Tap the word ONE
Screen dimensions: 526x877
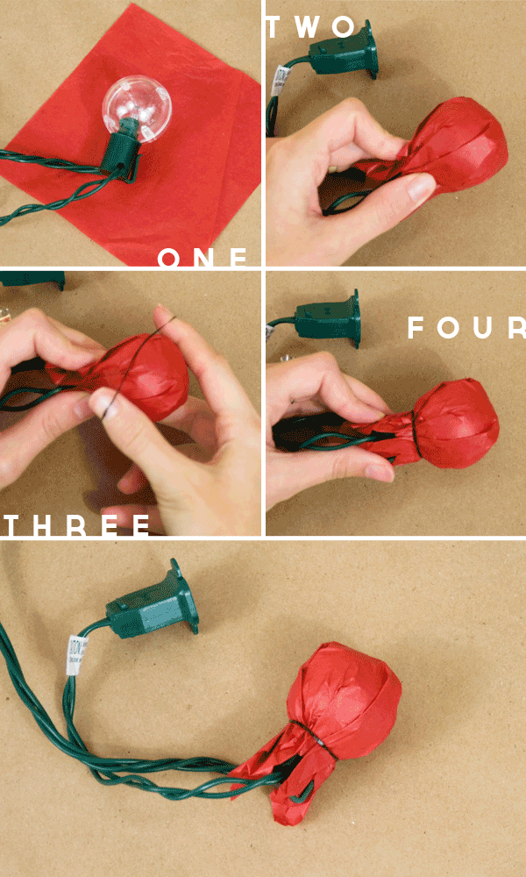[203, 258]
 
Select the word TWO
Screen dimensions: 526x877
[311, 27]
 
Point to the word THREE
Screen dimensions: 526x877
[77, 525]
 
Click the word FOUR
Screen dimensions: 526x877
[466, 328]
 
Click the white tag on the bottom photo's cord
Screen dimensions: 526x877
[76, 655]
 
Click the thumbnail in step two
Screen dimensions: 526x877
[420, 189]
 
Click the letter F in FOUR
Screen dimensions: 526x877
[416, 328]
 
